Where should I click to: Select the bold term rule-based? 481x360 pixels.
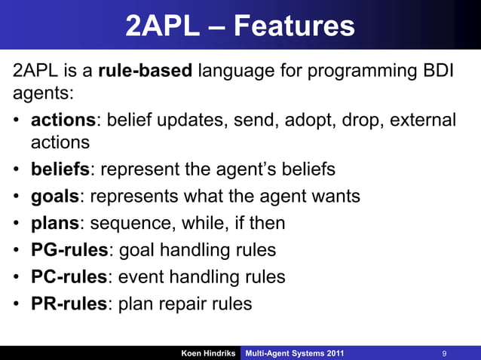coord(146,72)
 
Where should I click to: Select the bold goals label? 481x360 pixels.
coord(55,197)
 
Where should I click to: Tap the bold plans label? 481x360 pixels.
coord(55,224)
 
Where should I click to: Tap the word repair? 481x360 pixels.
coord(188,304)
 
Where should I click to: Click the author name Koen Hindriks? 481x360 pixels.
coord(207,352)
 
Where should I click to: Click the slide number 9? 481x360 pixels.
coord(445,352)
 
